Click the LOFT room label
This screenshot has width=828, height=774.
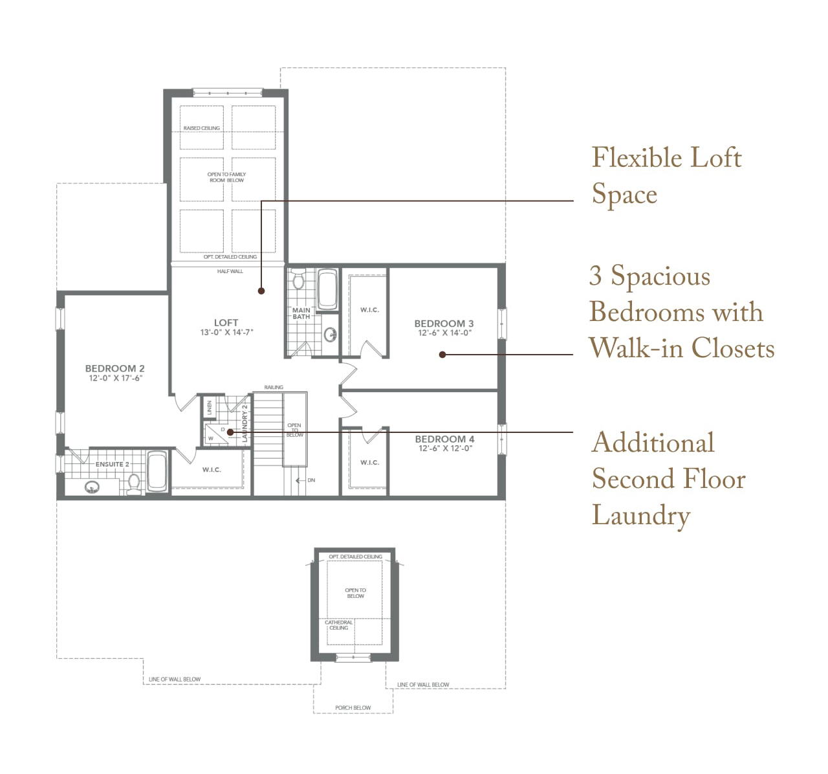(226, 322)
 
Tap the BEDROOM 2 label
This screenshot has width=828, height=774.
(114, 368)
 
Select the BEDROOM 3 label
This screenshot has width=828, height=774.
(444, 324)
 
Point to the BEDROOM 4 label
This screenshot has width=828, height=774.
(444, 439)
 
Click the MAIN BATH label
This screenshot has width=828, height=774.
(301, 313)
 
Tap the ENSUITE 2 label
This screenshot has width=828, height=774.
(112, 464)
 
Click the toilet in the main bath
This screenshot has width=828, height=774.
(298, 279)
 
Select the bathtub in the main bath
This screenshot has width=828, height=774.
(327, 289)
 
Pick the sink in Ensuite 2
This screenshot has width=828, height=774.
(92, 487)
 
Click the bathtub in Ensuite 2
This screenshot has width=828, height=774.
(157, 472)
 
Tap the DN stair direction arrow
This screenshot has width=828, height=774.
(300, 480)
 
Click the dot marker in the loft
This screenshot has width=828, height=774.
(261, 291)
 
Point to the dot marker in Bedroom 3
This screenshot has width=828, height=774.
(442, 355)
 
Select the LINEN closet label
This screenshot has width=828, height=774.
(210, 407)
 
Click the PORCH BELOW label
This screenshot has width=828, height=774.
(353, 707)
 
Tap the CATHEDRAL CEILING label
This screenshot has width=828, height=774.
(338, 625)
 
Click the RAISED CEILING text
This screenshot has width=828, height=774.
(201, 128)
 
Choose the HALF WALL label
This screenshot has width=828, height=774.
(230, 271)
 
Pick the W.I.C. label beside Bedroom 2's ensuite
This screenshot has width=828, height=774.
(212, 470)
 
